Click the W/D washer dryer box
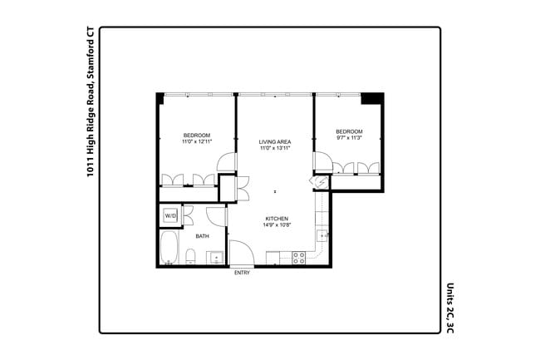(169, 216)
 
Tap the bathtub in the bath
(169, 247)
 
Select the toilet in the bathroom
(191, 259)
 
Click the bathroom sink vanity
(214, 257)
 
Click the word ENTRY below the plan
(243, 273)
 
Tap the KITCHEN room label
(277, 218)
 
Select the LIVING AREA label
(275, 141)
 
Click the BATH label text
(202, 236)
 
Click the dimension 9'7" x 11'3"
(349, 138)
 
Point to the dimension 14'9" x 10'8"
(277, 224)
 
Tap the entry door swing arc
(240, 252)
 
